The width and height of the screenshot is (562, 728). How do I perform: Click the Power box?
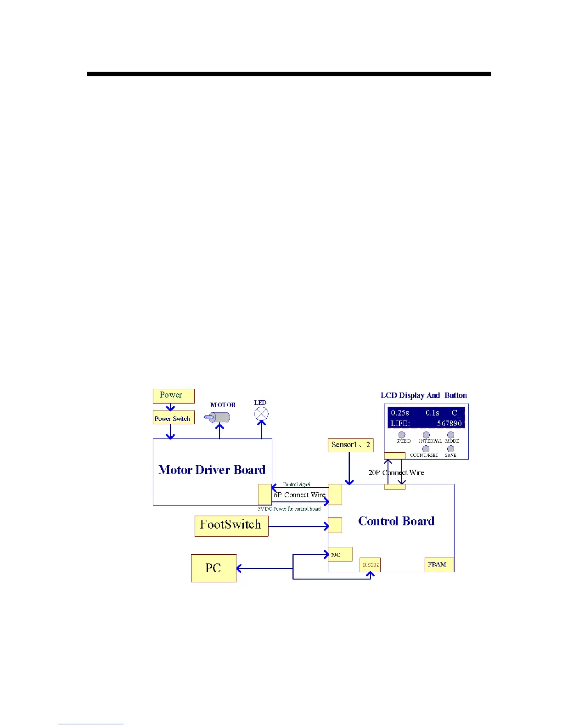(173, 396)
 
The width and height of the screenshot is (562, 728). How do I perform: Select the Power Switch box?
(173, 418)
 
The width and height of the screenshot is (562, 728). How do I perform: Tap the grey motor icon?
(219, 417)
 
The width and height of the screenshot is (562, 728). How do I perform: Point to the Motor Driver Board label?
(212, 470)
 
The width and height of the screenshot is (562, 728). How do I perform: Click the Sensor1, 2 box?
(350, 445)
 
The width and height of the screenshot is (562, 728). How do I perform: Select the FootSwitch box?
(231, 526)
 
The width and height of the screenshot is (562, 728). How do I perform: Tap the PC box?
(214, 568)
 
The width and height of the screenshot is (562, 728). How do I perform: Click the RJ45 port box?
(340, 554)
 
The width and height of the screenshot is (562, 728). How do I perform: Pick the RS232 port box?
(370, 565)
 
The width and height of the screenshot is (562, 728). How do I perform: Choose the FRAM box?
(438, 564)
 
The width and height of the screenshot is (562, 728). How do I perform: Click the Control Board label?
(396, 521)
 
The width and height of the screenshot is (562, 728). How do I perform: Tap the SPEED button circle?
(402, 435)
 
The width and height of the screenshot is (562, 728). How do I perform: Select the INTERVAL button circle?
(426, 435)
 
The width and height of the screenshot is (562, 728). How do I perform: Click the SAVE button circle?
(450, 449)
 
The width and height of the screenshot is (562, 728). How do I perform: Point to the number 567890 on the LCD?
(449, 423)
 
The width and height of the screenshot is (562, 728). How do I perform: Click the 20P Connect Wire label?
(396, 473)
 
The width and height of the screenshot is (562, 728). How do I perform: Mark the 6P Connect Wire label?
(299, 495)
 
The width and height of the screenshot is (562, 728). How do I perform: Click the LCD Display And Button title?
(423, 396)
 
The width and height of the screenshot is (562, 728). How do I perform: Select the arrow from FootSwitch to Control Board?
(298, 526)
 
